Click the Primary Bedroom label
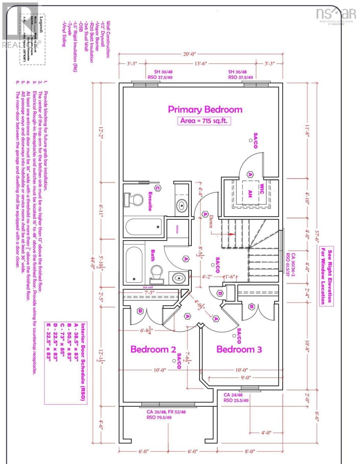(205, 109)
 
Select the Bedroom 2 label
(154, 349)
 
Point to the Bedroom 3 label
(239, 349)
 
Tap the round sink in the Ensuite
(181, 204)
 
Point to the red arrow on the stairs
(232, 234)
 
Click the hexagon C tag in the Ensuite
(157, 188)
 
